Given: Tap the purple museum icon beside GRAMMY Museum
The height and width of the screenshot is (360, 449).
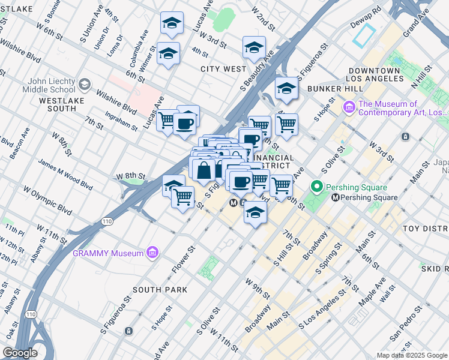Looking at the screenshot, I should click(x=152, y=252).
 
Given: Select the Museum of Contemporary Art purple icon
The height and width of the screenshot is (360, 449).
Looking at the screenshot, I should click(x=349, y=108).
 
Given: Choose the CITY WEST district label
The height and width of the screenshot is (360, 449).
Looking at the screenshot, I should click(x=223, y=69).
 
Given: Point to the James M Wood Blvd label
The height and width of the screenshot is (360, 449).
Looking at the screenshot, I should click(x=65, y=173).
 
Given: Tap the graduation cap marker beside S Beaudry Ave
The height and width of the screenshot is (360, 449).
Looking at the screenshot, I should click(x=254, y=48).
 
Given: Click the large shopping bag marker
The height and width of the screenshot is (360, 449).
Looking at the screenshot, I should click(x=204, y=169).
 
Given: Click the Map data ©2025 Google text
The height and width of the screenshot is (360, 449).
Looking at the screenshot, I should click(x=412, y=355).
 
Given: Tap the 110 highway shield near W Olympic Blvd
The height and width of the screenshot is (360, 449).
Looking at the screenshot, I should click(x=106, y=221).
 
